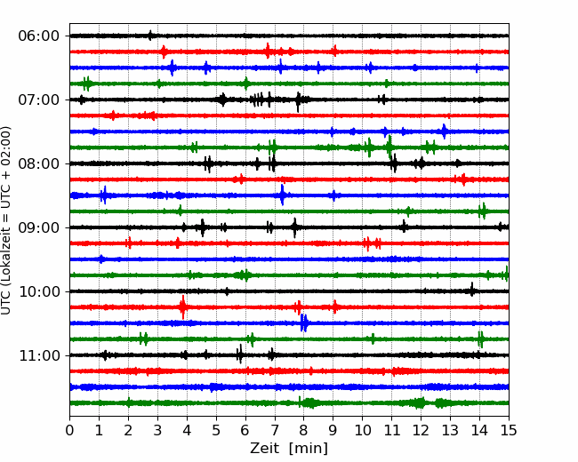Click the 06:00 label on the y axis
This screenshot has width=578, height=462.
tap(39, 36)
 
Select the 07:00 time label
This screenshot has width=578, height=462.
tap(39, 100)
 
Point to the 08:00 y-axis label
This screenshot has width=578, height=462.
tap(39, 163)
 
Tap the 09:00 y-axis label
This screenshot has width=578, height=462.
tap(39, 227)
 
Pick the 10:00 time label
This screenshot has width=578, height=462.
tap(39, 291)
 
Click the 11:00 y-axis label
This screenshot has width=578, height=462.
tap(39, 355)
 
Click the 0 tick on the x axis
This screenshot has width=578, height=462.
tap(69, 430)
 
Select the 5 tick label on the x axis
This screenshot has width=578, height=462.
tap(216, 430)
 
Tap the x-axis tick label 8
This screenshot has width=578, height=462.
tap(304, 430)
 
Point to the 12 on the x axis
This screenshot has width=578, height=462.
tap(421, 430)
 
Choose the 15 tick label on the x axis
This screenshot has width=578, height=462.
tap(509, 430)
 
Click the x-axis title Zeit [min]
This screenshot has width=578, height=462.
tap(289, 449)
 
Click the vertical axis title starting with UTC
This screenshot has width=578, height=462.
tap(6, 220)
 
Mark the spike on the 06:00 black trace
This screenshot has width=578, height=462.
tap(150, 36)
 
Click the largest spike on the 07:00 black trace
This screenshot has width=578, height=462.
tap(298, 101)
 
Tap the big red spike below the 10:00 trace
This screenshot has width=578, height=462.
tap(183, 307)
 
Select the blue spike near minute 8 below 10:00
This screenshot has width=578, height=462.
tap(304, 323)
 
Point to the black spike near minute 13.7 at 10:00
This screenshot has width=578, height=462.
tap(471, 290)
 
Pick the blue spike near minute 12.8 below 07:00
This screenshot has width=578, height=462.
tap(445, 131)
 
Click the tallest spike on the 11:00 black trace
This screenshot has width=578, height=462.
tap(240, 354)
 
